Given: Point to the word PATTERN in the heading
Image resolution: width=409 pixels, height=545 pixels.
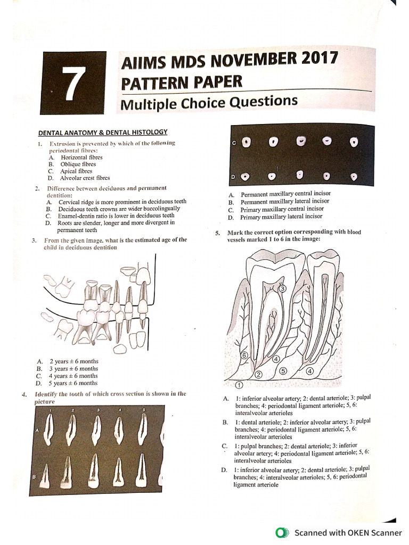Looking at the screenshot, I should [156, 83].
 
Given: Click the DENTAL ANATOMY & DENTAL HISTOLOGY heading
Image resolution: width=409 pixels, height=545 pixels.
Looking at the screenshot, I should [103, 132].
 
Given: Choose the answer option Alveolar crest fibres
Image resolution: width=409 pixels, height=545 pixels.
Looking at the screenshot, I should [85, 178].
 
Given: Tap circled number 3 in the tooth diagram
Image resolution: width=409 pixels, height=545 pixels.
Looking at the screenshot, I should [282, 288].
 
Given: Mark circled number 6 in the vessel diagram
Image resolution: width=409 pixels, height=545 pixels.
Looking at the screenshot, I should [244, 355].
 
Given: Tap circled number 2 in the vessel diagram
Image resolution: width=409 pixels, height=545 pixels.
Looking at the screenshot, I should [258, 375].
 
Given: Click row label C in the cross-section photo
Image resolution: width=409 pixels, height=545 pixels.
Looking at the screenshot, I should [233, 144].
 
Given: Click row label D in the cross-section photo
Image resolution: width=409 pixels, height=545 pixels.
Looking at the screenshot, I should [233, 176].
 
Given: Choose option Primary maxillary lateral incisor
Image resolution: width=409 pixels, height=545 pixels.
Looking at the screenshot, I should [281, 217].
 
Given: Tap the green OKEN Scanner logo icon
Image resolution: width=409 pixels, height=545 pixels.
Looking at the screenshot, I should [280, 533].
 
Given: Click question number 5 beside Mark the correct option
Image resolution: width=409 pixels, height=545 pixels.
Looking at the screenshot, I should [217, 233].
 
